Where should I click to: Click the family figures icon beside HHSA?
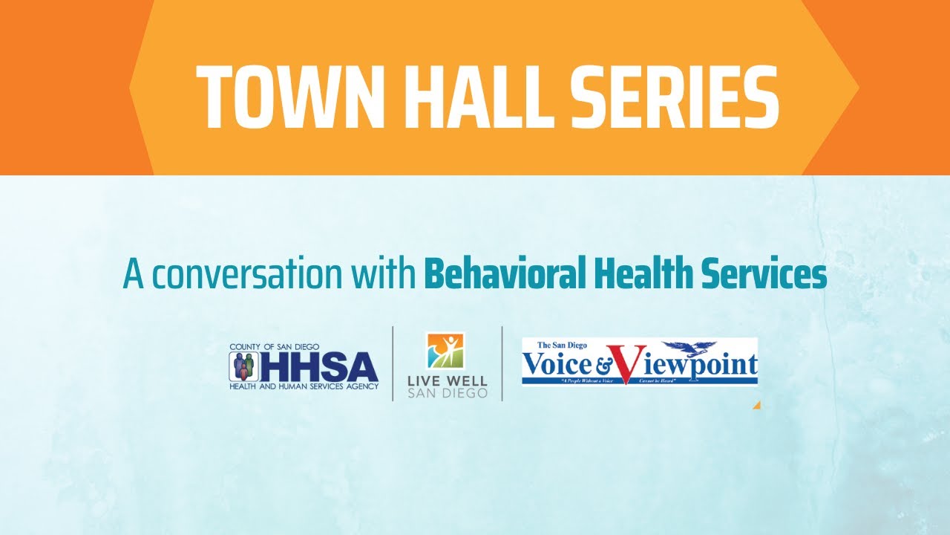click(x=243, y=366)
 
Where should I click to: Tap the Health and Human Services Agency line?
click(x=304, y=386)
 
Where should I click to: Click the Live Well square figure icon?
click(x=445, y=351)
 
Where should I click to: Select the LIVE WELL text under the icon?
click(x=448, y=381)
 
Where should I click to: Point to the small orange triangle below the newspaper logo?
click(x=756, y=406)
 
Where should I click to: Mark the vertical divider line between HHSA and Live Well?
click(x=393, y=364)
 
